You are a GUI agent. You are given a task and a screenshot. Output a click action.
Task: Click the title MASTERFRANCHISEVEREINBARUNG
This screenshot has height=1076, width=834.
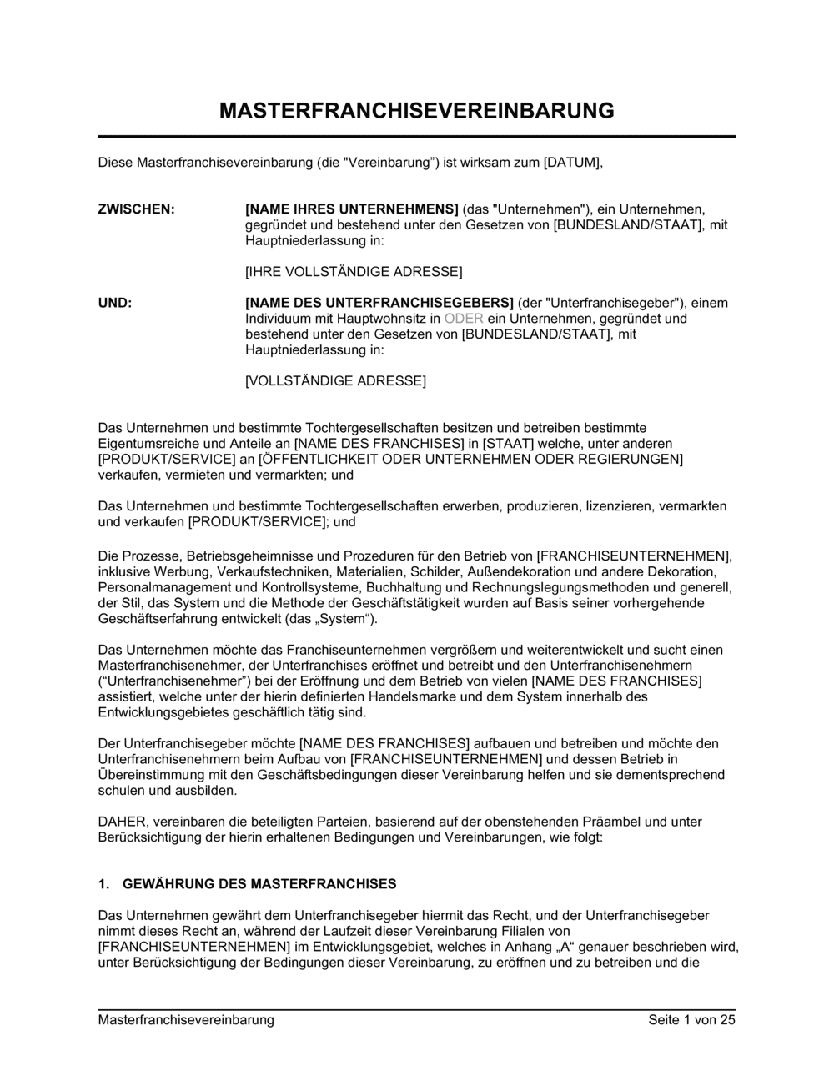[416, 110]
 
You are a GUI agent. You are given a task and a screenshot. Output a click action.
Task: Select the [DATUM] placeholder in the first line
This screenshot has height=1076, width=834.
[572, 163]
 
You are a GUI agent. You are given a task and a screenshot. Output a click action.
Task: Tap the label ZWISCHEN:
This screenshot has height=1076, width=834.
[136, 209]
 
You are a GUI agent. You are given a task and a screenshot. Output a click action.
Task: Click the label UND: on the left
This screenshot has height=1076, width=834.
[115, 303]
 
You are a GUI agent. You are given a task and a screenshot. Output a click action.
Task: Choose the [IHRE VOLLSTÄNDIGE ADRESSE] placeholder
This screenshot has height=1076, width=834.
[353, 272]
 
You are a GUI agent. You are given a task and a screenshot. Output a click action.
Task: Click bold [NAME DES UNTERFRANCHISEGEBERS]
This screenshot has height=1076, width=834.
[379, 303]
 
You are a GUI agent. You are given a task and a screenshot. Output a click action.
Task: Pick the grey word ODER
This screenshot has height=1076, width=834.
[464, 319]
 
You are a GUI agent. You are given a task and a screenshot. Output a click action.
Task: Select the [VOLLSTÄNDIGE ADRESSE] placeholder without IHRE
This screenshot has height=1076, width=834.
[335, 381]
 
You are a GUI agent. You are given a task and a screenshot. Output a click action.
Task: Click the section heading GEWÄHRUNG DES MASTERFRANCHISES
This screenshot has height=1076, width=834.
[259, 884]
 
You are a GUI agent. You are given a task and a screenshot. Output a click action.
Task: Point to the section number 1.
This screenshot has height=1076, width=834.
[103, 884]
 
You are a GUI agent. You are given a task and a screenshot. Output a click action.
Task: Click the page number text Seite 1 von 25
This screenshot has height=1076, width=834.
[691, 1020]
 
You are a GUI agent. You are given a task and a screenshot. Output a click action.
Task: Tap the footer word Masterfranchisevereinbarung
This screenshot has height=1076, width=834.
[186, 1020]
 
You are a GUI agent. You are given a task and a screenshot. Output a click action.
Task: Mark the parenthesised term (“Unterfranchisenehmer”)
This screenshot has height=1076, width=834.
[169, 681]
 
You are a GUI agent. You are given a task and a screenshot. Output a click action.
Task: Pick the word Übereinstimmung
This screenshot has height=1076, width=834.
[146, 775]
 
